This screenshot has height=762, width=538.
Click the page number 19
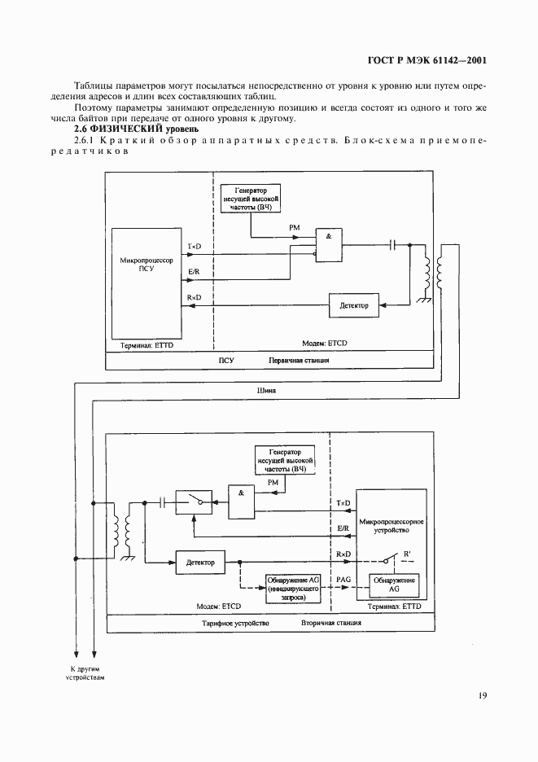pos(483,695)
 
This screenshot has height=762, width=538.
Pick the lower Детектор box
pos(200,562)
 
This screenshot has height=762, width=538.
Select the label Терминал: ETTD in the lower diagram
pos(394,607)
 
